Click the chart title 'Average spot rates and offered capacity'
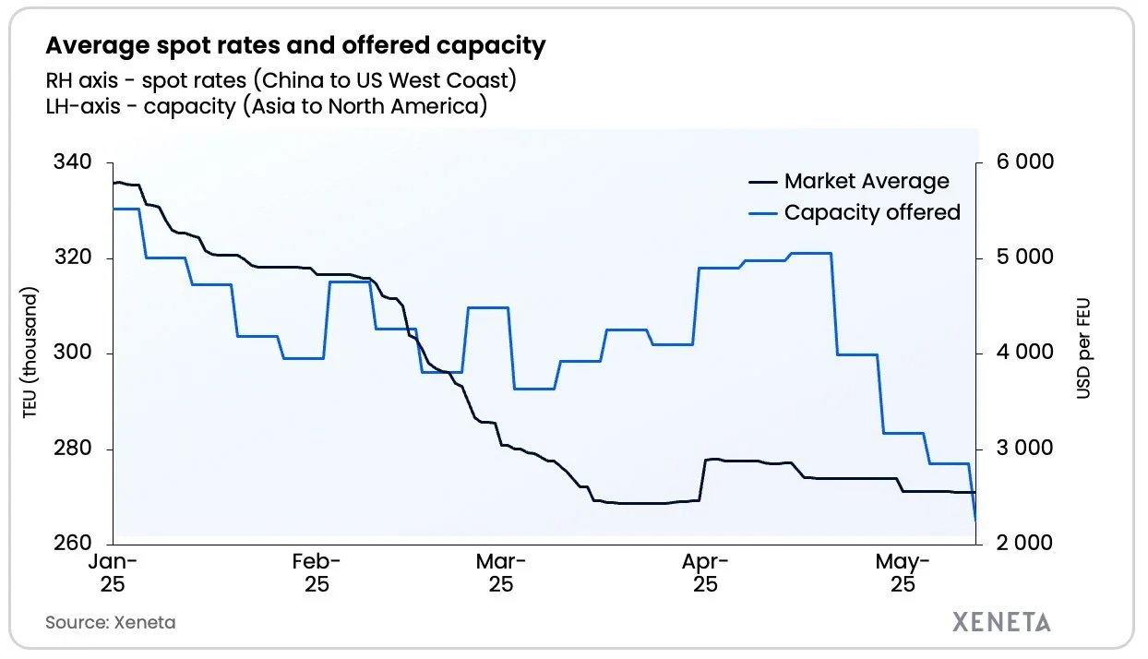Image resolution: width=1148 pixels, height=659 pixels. (x=295, y=44)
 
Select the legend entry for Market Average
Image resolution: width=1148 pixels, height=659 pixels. (x=866, y=181)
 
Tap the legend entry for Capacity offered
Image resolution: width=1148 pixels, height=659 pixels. (x=871, y=212)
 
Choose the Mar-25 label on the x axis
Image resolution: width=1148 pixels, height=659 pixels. (x=501, y=572)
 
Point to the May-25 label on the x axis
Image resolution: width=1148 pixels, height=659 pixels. (x=902, y=572)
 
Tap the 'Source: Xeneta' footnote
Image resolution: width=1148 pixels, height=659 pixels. (x=110, y=622)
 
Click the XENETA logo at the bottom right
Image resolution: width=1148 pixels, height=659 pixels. (x=1001, y=621)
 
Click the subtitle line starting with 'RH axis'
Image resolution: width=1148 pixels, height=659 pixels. (x=281, y=79)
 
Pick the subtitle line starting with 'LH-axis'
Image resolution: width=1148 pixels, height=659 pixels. (x=266, y=106)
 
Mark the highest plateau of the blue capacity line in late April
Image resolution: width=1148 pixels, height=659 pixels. (x=810, y=253)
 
